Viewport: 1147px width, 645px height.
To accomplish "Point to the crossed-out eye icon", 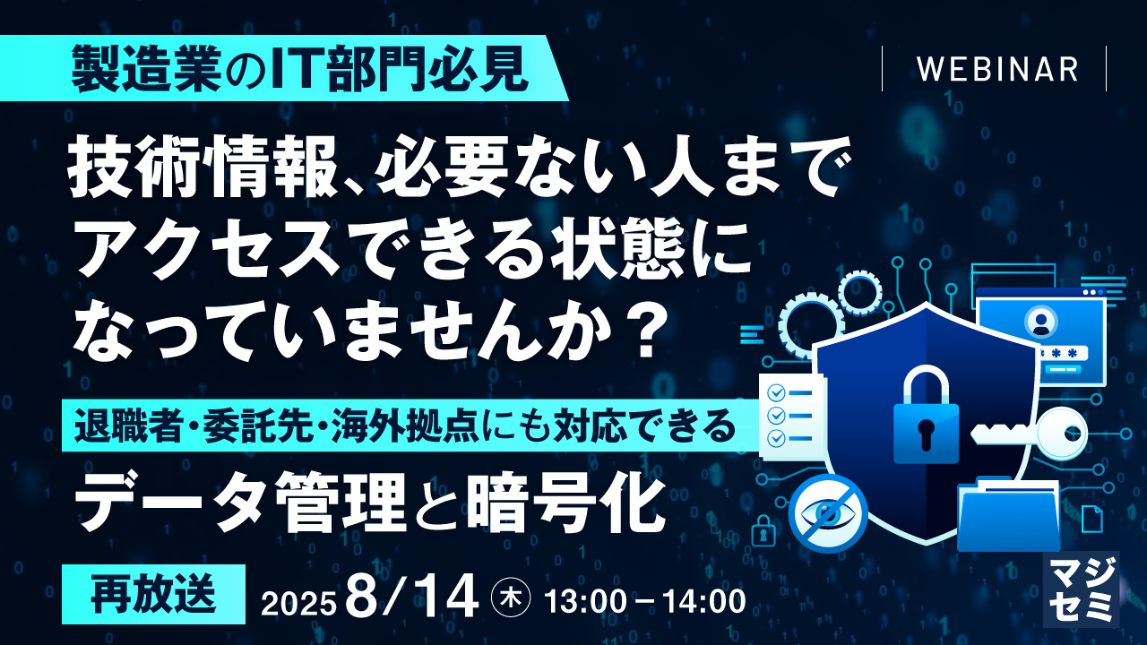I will tap(828, 513).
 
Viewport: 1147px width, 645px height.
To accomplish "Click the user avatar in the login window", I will tap(1039, 320).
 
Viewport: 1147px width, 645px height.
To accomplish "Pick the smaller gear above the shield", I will tap(859, 291).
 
